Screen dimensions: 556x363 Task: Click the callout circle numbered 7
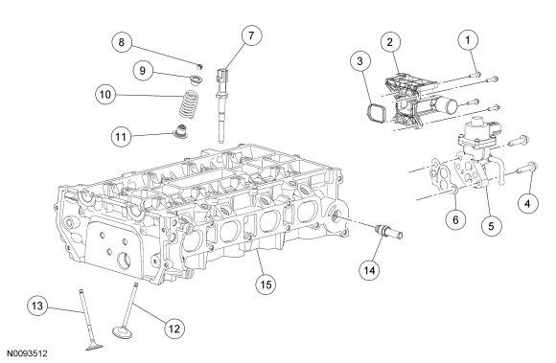(251, 35)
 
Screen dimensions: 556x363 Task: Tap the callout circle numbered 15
(266, 284)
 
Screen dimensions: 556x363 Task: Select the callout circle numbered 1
(468, 40)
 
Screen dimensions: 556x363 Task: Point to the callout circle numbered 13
(37, 306)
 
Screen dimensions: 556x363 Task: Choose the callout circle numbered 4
(527, 204)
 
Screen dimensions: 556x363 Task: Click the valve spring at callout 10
(189, 104)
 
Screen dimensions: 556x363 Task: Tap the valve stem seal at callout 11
(180, 131)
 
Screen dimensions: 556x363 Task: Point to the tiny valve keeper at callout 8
(200, 66)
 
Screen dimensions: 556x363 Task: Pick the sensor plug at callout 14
(388, 233)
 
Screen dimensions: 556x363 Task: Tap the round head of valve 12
(123, 332)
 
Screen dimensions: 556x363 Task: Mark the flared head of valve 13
(94, 347)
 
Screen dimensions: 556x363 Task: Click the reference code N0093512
(27, 353)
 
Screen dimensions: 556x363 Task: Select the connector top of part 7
(221, 76)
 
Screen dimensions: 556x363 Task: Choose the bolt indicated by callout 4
(527, 168)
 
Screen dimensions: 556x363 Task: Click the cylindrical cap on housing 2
(446, 104)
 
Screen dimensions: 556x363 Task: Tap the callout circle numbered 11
(122, 137)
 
